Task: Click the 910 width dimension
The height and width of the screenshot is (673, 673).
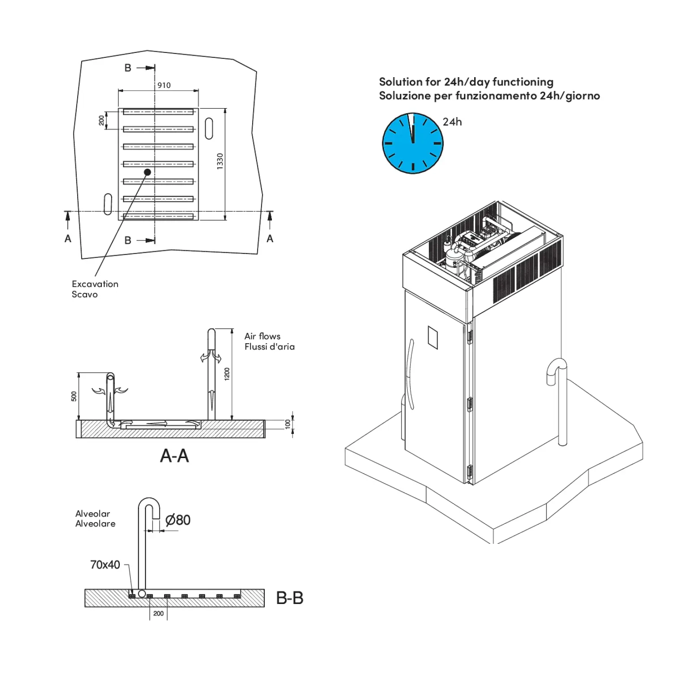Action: point(164,85)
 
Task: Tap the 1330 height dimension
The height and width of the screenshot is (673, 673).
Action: point(220,161)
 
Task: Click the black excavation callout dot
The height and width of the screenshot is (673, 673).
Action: point(147,172)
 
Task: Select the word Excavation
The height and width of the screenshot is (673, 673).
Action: point(95,284)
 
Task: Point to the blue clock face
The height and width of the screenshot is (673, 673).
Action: point(412,143)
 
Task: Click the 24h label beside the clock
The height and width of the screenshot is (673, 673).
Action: point(452,122)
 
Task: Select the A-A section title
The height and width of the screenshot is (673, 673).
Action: point(175,456)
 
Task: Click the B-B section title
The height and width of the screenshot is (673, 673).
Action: point(289,598)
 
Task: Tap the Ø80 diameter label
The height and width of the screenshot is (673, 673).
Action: point(178,520)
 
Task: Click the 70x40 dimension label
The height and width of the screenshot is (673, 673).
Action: point(105,565)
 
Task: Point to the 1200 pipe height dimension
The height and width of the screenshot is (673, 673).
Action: point(227,374)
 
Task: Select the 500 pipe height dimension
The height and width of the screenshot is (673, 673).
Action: point(74,396)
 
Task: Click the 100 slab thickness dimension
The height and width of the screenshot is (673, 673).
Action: point(288,424)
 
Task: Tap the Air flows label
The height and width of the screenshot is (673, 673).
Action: point(262,336)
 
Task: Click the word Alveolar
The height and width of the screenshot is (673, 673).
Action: point(92,514)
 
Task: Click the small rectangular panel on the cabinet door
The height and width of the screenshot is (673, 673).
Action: point(433,337)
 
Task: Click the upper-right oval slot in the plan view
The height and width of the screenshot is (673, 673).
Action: point(209,128)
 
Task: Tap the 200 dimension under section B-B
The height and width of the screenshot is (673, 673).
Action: point(158,613)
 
